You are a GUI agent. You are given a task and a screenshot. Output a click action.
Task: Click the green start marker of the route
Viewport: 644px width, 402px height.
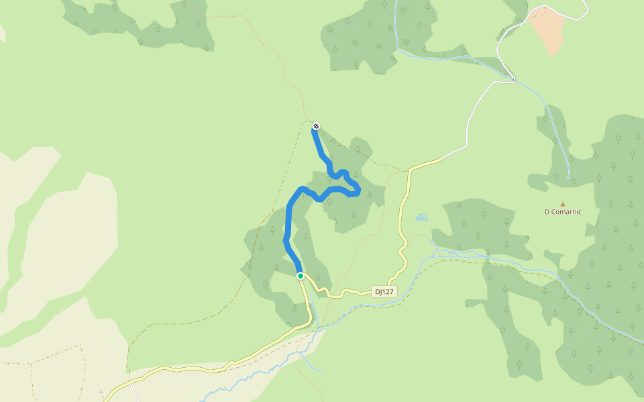(301, 276)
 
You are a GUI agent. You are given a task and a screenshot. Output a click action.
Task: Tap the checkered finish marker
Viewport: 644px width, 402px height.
(316, 126)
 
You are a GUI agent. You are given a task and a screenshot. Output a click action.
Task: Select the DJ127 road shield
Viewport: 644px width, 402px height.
(384, 291)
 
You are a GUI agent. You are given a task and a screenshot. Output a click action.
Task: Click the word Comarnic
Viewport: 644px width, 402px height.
(567, 212)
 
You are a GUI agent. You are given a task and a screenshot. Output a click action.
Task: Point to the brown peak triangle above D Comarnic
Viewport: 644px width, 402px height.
(562, 204)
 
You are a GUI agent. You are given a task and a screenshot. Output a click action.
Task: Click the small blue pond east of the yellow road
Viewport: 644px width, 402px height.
(421, 216)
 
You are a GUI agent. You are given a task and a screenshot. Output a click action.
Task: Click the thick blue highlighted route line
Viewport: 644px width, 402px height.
(288, 221)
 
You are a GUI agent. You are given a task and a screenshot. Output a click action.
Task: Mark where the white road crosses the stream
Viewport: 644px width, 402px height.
(514, 80)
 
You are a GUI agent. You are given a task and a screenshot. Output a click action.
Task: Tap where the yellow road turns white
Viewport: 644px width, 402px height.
(443, 158)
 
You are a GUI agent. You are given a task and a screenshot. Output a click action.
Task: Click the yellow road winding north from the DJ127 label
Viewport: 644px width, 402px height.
(402, 228)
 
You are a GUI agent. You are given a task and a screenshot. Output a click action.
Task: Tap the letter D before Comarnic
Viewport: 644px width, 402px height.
(547, 212)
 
